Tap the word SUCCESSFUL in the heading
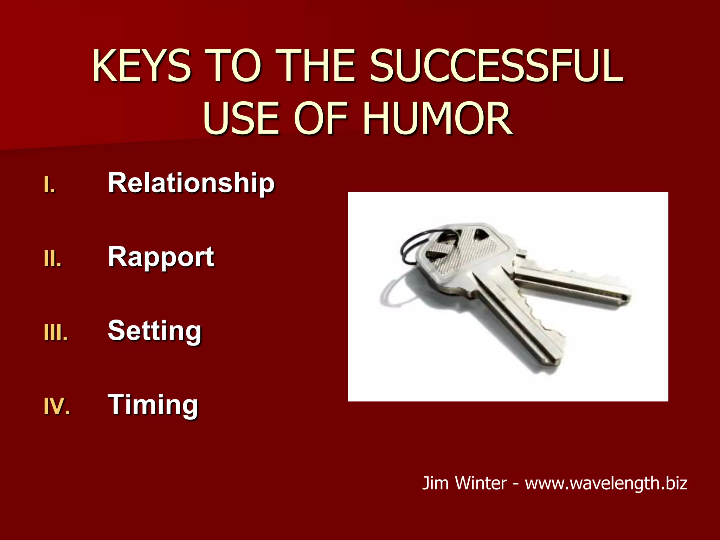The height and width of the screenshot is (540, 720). (496, 66)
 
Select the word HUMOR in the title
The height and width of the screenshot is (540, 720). (437, 118)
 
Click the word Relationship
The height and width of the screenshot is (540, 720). (191, 183)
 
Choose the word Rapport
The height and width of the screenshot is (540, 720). (161, 257)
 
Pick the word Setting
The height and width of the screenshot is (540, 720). (155, 331)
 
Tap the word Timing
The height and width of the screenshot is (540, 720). (153, 405)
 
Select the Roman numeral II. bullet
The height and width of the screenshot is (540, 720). (53, 259)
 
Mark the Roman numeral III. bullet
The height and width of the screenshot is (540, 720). (56, 333)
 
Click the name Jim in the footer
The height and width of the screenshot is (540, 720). (435, 483)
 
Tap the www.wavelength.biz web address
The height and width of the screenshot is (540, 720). (606, 483)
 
